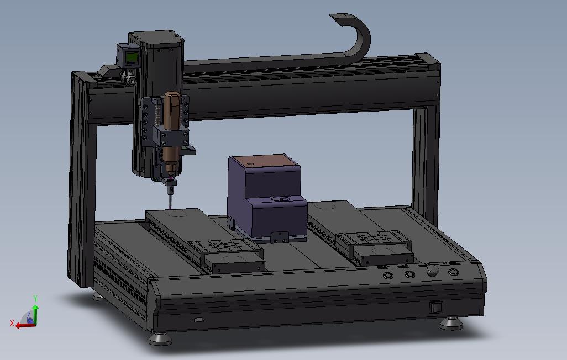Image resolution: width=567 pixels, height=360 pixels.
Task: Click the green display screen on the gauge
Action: coord(132,57)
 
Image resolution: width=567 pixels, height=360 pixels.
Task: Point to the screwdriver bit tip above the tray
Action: coord(170,208)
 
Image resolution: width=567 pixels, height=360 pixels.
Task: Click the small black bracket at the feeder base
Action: coord(280,237)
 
